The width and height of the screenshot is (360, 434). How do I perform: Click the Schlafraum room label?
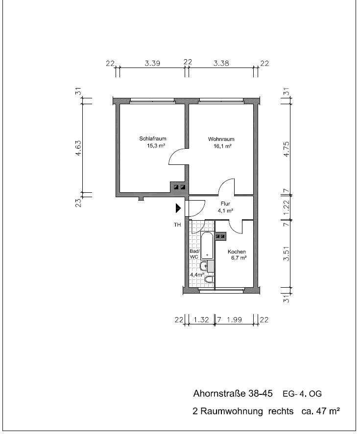coord(153,138)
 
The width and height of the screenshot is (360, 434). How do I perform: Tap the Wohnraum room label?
coord(221,139)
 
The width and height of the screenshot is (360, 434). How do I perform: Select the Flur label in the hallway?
coord(225,204)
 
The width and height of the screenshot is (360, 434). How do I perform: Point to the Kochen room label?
coord(237,251)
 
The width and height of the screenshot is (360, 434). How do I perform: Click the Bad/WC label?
coord(194,254)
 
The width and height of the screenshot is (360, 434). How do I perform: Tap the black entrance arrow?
coord(178,208)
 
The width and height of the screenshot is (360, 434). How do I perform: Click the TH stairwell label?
coord(177,225)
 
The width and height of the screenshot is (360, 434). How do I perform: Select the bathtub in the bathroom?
coord(207,246)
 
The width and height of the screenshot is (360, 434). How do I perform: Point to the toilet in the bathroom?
coord(209,279)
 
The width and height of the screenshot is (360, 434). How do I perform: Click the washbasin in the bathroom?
coord(204,266)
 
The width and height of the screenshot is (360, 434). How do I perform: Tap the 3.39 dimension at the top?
coord(152,64)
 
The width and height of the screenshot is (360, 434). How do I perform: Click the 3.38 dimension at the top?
coord(221,64)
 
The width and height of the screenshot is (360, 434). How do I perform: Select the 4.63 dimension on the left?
coord(78,148)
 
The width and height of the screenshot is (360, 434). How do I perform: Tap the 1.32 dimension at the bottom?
coord(201,320)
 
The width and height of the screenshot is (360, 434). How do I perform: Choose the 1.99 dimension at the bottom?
coord(234,320)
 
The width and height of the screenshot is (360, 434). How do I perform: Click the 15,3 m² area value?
coord(156,146)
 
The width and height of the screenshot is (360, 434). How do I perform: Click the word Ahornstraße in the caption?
coord(219,393)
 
